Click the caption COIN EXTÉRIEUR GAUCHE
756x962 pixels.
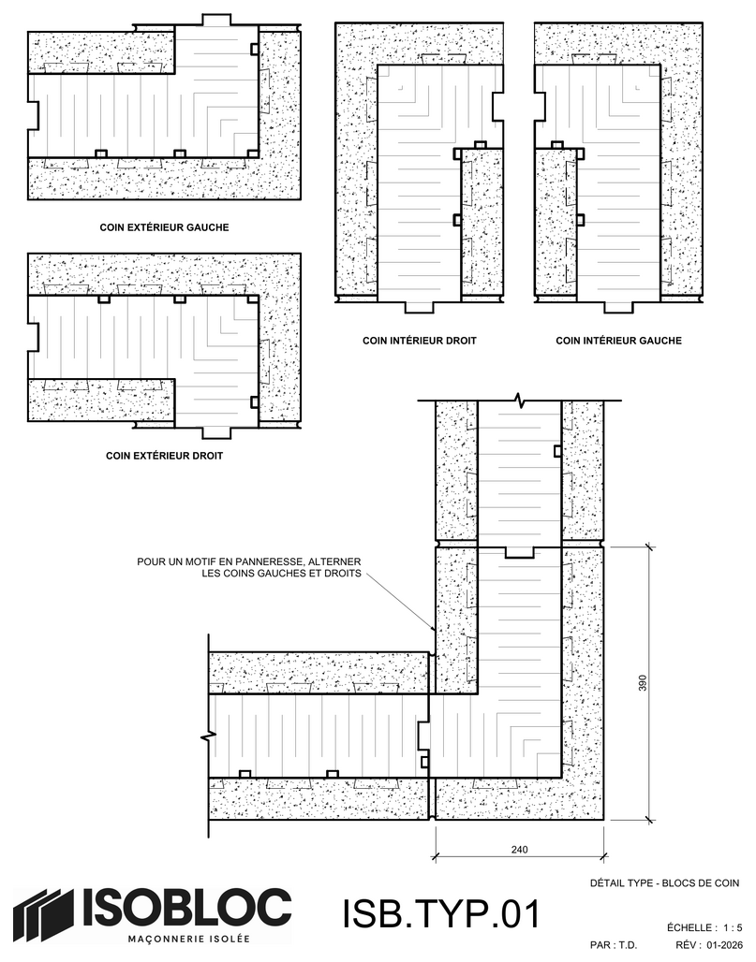(164, 227)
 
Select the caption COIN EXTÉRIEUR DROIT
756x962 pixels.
(164, 456)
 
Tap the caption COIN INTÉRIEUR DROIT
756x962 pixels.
(420, 341)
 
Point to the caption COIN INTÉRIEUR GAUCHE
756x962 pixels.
(618, 341)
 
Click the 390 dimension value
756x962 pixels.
(643, 683)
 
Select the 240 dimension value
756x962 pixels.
(519, 850)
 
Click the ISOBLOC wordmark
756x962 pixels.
(184, 908)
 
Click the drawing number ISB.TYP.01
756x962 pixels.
(441, 913)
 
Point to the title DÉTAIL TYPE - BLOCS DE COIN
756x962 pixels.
(664, 883)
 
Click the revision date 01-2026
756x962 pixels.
(725, 945)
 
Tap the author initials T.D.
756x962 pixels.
(627, 945)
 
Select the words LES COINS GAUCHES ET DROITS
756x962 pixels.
(281, 575)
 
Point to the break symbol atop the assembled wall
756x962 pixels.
(520, 401)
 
